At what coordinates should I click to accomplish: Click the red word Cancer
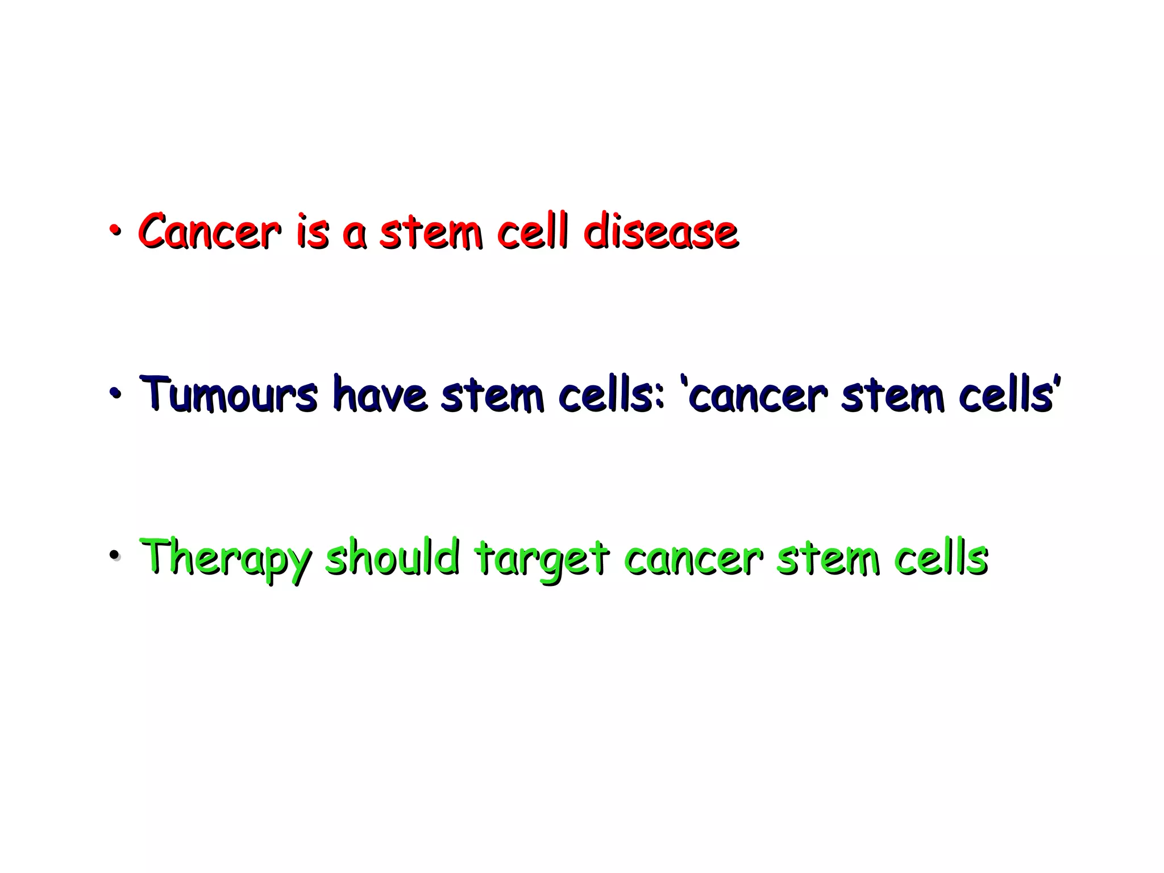click(209, 232)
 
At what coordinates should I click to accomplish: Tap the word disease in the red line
click(660, 232)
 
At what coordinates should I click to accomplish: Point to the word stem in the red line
click(431, 232)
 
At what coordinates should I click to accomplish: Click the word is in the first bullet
click(312, 232)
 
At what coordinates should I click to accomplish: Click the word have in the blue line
click(379, 394)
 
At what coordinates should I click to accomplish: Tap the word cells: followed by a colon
click(611, 394)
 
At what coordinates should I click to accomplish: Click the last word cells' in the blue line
click(1009, 394)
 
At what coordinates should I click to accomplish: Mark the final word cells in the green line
click(941, 558)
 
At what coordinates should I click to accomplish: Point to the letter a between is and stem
click(355, 234)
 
